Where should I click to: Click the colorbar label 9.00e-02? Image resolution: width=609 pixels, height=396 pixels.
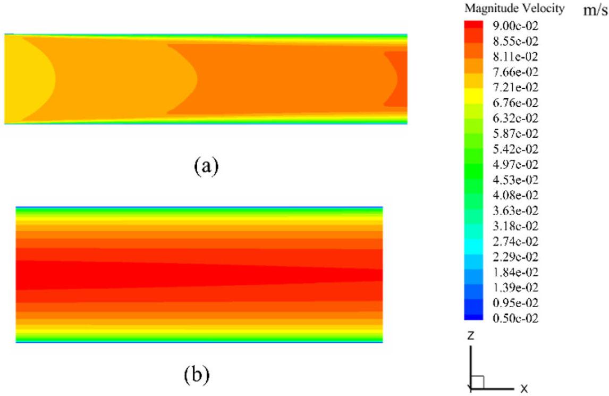pos(515,26)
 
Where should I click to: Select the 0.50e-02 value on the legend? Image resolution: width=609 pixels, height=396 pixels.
pos(515,318)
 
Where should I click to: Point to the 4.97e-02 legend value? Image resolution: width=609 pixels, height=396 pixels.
pos(515,164)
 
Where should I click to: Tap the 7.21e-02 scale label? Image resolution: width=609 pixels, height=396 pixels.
pos(515,87)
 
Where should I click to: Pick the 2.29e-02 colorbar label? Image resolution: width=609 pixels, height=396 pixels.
pos(515,257)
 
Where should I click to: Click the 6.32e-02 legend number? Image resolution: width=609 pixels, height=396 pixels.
pos(515,118)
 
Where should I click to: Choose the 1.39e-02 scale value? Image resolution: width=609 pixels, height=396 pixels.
pos(515,288)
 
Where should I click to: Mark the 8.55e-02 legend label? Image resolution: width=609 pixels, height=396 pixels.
pos(515,41)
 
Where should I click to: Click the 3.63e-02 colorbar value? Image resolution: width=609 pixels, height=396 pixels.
pos(515,210)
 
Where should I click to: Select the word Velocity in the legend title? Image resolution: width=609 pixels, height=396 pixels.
pos(541,8)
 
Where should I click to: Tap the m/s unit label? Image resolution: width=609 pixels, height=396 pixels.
pos(595,10)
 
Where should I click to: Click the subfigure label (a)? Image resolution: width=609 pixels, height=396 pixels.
pos(206,166)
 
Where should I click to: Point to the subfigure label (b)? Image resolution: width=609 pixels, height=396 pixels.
pos(197,375)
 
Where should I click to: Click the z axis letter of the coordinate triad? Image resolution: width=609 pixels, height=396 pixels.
pos(471,334)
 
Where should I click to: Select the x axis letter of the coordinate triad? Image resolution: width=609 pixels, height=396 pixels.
pos(524,388)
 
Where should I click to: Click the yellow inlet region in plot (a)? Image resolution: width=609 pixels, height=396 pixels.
pos(27,79)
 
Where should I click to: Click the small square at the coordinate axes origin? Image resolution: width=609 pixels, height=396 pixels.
pos(477,382)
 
